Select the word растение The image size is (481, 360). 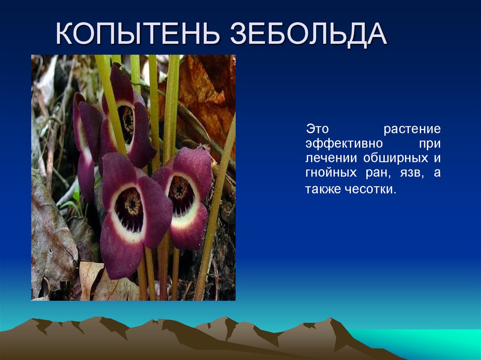point(412,128)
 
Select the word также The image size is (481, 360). point(320,189)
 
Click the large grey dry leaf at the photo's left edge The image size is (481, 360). point(52,235)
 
